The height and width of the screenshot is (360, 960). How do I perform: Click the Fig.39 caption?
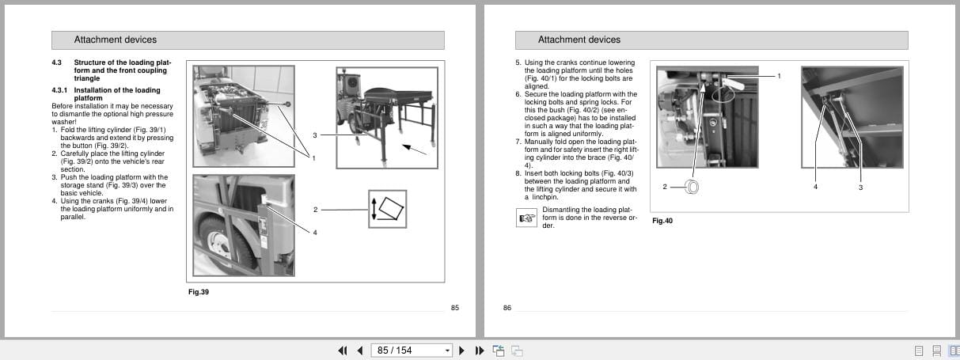[x=198, y=292]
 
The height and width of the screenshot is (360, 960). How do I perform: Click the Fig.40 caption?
[x=662, y=221]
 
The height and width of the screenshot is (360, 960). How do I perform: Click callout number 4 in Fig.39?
[x=314, y=232]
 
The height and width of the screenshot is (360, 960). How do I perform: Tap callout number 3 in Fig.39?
[x=314, y=135]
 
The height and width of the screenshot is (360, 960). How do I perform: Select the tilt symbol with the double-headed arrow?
[x=387, y=210]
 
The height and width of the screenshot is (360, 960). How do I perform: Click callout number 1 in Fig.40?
[x=779, y=76]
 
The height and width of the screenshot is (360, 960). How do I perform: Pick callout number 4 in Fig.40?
[x=815, y=187]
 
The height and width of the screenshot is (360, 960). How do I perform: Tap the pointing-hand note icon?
[x=526, y=218]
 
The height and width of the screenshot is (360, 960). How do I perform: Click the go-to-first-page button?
[x=343, y=351]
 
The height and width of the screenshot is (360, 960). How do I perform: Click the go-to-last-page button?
[x=479, y=351]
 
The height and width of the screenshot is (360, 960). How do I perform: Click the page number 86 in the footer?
[x=507, y=308]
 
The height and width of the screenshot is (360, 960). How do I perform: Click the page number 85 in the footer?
[x=454, y=308]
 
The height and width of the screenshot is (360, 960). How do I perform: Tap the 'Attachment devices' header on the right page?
[x=579, y=40]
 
